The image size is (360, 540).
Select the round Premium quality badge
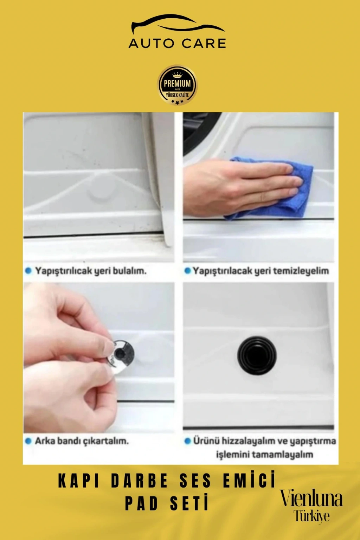(x=177, y=85)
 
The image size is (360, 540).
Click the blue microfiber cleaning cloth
(x=270, y=188)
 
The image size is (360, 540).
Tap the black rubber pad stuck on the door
(x=256, y=355)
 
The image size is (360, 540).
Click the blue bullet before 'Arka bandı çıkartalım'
(x=28, y=441)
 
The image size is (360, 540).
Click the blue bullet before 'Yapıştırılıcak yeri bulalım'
(x=28, y=271)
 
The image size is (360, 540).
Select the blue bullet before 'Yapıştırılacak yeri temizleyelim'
(x=187, y=271)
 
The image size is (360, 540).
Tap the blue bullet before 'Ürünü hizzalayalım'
(x=187, y=441)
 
